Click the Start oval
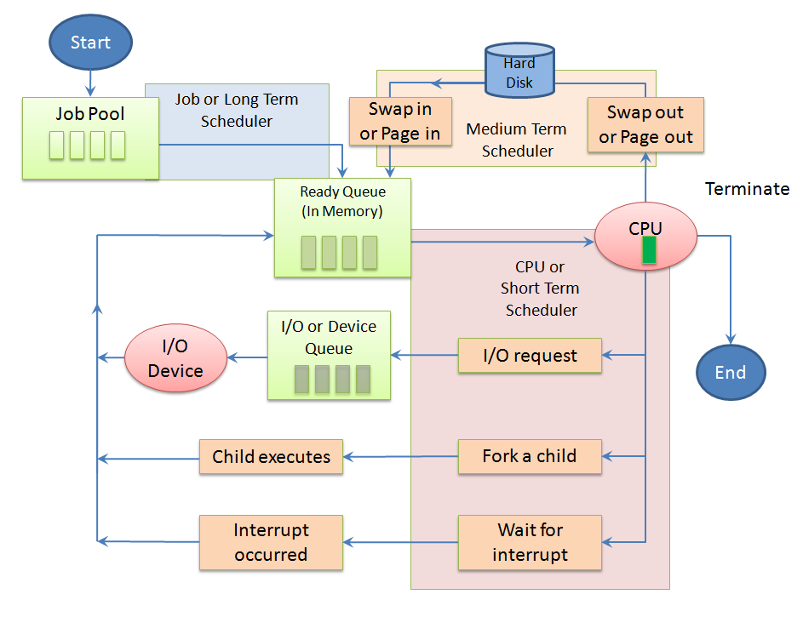pos(91,43)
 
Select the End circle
pos(731,372)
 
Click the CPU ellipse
pos(645,237)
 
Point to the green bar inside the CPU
pos(649,250)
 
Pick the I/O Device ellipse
pos(175,358)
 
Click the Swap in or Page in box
pos(400,121)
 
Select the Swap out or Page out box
pos(645,124)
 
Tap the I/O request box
pos(530,356)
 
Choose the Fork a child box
pos(530,456)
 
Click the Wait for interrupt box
pos(530,542)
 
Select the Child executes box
pos(271,457)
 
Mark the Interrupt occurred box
pos(271,542)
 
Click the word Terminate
pos(747,189)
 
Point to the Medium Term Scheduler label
pos(517,140)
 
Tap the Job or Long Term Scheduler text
pos(237,110)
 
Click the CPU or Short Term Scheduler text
pos(541,289)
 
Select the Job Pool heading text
pos(90,113)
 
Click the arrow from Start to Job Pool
pos(90,83)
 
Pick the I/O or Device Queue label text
pos(329,337)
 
